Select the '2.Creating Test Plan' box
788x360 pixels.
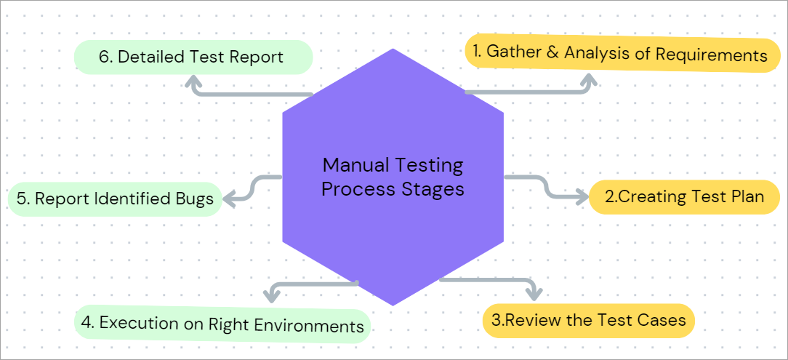pos(686,197)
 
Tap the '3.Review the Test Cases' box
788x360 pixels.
pos(588,320)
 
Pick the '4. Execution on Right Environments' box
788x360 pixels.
pos(223,324)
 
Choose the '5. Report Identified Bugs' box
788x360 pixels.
pos(115,199)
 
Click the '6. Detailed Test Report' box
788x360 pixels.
pos(193,57)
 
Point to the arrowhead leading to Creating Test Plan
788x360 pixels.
pos(582,196)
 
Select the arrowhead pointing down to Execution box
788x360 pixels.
pos(272,295)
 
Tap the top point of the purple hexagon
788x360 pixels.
pos(393,49)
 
